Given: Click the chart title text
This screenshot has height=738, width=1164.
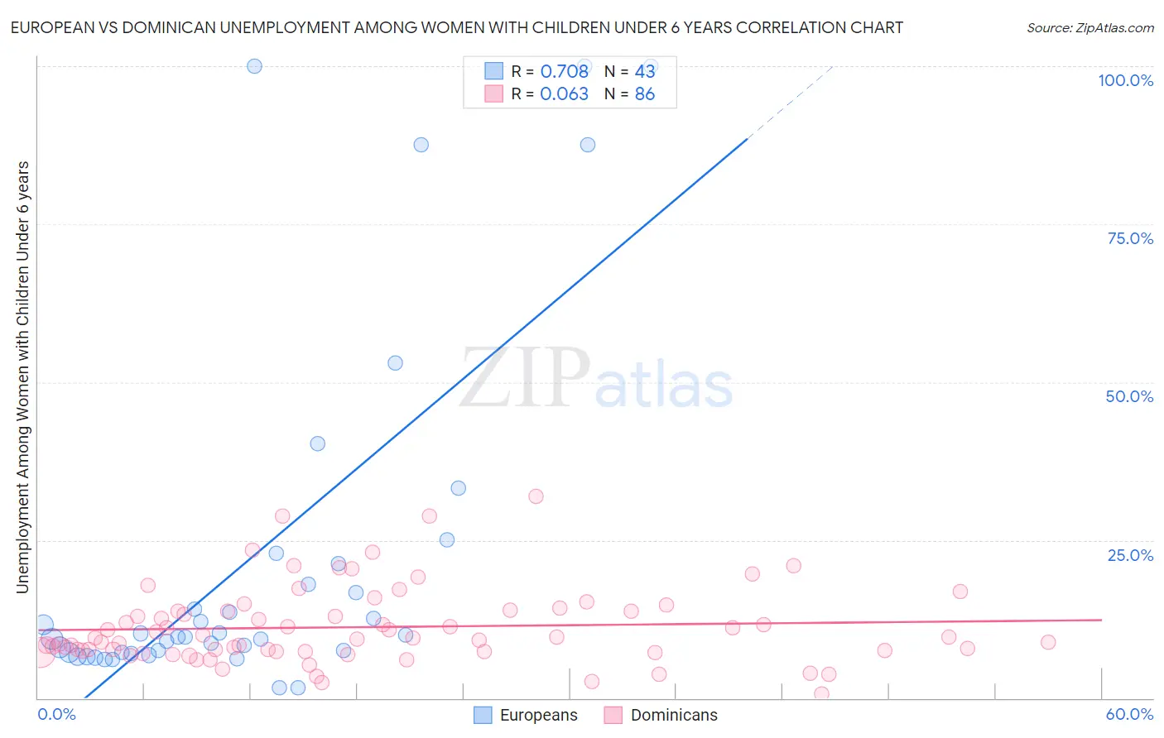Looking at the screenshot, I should pos(456,27).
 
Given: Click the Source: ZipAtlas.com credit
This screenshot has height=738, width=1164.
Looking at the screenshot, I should pos(1089,27).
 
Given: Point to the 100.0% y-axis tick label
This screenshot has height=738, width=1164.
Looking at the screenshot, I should pos(1125,80).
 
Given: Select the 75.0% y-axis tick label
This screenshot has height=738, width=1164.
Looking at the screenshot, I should pos(1130,238).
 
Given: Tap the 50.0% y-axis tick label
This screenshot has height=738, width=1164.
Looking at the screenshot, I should pos(1129,396).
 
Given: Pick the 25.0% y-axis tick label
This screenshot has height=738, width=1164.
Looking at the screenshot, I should pos(1130,554).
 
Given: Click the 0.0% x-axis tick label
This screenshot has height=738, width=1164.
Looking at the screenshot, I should pos(56,714).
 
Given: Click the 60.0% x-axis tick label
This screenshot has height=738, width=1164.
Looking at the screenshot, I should pos(1129,714).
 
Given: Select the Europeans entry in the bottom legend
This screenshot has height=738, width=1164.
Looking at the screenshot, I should pos(538,715).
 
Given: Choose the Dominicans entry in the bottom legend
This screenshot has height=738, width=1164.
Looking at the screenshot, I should pos(674,715).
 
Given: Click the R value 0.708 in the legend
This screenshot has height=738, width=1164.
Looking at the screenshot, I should pos(564,71).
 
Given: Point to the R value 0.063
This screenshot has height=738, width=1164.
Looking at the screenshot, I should pos(564,94).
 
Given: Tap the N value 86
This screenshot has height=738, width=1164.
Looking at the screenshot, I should pos(644,94).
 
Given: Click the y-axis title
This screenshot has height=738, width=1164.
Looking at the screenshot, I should pos(22,377).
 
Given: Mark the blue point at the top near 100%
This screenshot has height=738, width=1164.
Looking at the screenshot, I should pos(254,66).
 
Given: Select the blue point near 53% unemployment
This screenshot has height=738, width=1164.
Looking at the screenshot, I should pos(395,363).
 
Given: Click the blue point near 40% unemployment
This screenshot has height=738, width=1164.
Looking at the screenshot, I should pos(317,443).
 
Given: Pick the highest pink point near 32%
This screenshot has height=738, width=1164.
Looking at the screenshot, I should pos(536,496).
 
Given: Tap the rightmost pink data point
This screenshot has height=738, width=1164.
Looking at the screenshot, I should pos(1048,642).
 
